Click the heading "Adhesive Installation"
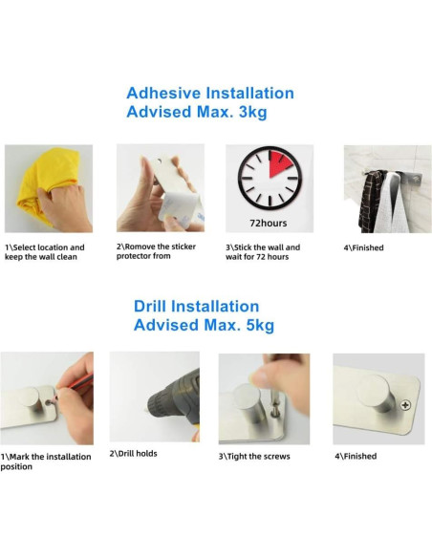point(209,93)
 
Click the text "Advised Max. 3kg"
point(196,112)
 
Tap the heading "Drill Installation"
point(196,306)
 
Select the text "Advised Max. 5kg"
point(204,325)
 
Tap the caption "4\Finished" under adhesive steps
point(364,248)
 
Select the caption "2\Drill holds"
point(134,453)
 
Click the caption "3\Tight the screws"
point(254,456)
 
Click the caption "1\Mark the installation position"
point(46,461)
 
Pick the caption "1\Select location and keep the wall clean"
point(44,252)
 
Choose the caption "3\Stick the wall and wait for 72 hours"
point(263,252)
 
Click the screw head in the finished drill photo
point(407,405)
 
